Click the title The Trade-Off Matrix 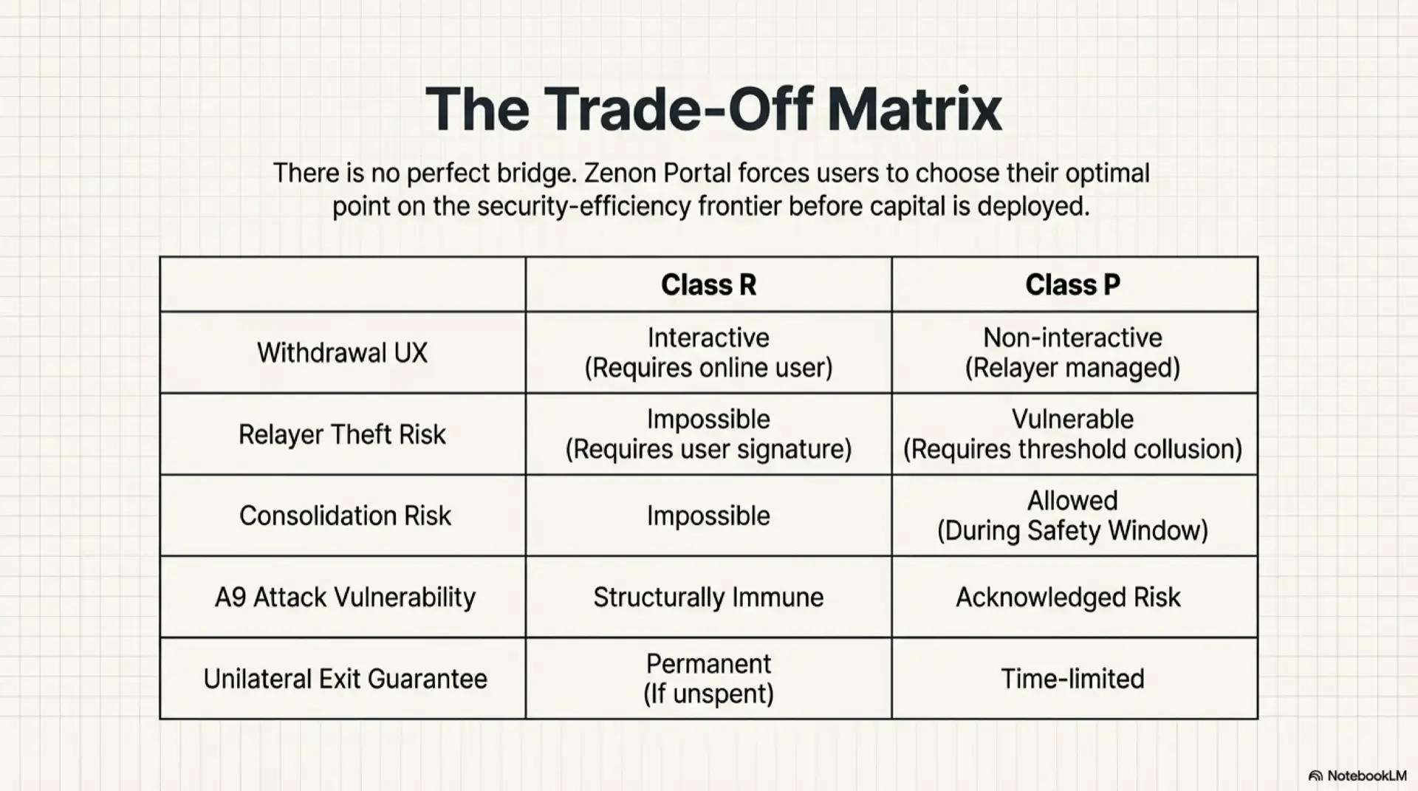tap(713, 110)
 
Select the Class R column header tap(708, 285)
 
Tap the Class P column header tap(1072, 285)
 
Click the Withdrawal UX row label tap(342, 353)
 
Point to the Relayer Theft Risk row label tap(342, 435)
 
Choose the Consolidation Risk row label tap(345, 516)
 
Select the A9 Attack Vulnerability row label tap(345, 597)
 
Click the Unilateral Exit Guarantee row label tap(345, 679)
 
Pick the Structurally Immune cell tap(708, 597)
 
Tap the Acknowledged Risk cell tap(1068, 597)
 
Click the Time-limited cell tap(1072, 679)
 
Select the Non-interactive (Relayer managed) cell tap(1072, 353)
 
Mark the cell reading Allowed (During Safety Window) tap(1072, 516)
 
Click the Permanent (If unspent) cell tap(708, 679)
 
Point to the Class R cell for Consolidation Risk tap(708, 516)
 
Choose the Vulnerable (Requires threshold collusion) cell tap(1072, 434)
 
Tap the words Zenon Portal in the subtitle tap(656, 174)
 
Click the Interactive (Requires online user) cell tap(708, 353)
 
